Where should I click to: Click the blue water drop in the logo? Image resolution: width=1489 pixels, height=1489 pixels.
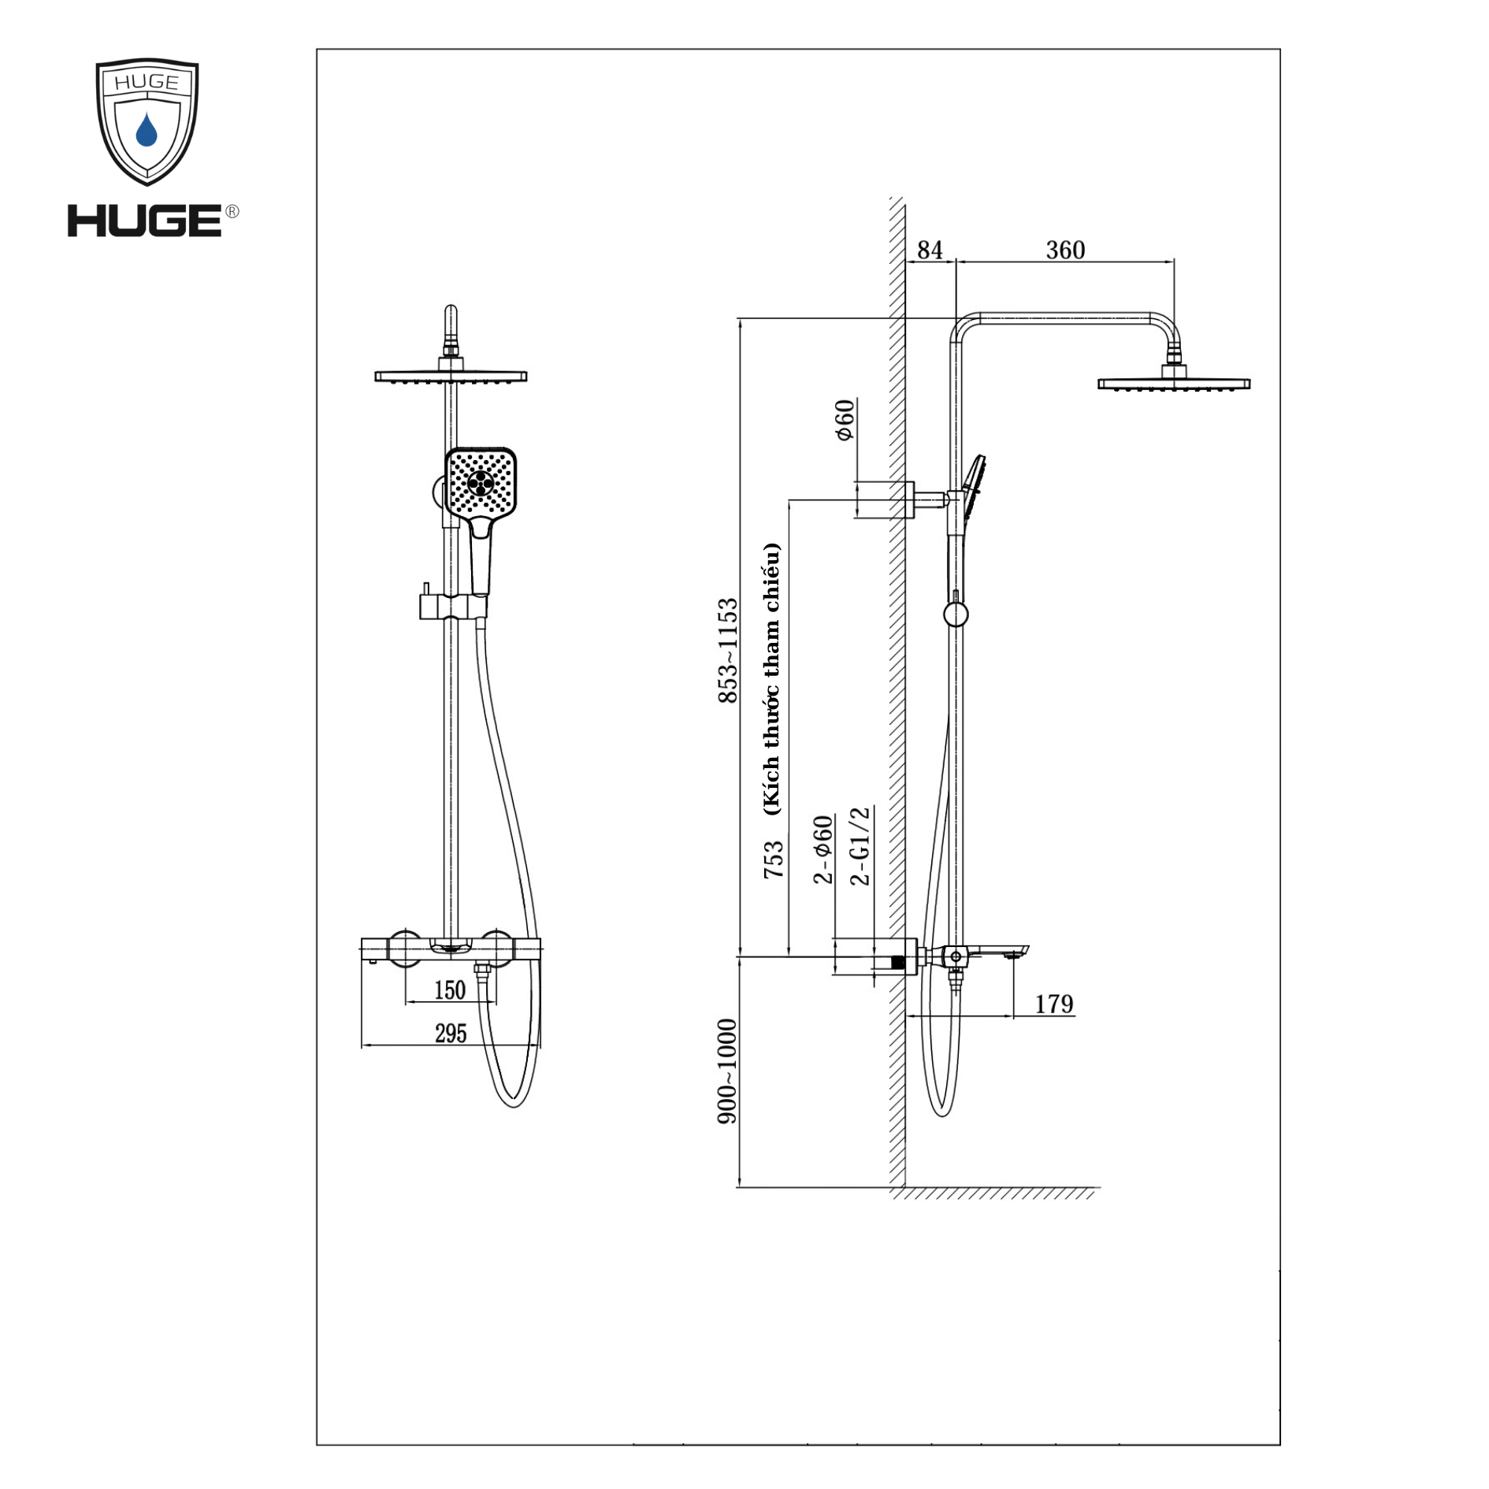[x=147, y=130]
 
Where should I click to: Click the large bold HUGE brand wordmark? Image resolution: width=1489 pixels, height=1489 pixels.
[x=145, y=221]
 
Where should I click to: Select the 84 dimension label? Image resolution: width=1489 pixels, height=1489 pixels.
[x=930, y=251]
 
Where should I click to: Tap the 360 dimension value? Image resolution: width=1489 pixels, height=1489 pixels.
[x=1065, y=251]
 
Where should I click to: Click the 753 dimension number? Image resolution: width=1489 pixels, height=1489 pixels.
[x=774, y=859]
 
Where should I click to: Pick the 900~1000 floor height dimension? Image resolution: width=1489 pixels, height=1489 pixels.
[x=727, y=1072]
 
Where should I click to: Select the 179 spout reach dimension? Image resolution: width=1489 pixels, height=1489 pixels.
[x=1053, y=1004]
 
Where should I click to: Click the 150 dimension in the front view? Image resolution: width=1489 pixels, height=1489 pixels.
[x=450, y=990]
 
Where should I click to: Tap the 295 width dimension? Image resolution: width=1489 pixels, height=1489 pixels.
[x=451, y=1034]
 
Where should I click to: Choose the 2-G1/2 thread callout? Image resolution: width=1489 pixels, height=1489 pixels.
[x=860, y=845]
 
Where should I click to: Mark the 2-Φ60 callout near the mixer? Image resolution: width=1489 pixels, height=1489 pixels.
[x=823, y=850]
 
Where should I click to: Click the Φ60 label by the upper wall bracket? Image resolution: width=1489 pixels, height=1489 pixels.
[x=845, y=421]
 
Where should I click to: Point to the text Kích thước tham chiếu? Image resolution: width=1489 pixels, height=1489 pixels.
[x=771, y=678]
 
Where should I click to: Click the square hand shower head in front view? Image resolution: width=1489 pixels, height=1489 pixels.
[x=481, y=482]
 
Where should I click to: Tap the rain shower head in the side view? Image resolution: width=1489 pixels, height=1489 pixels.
[x=1173, y=384]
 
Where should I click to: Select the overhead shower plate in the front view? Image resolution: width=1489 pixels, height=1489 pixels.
[x=451, y=377]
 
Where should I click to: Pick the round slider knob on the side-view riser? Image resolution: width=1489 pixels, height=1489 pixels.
[x=956, y=615]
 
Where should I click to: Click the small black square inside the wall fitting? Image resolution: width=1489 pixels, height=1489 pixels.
[x=897, y=962]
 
